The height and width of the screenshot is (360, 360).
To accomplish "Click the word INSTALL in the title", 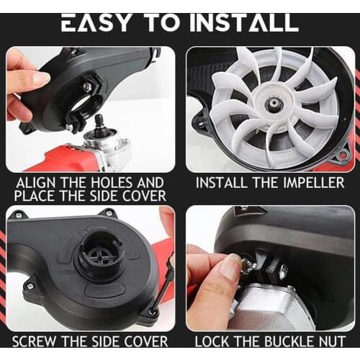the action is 246,22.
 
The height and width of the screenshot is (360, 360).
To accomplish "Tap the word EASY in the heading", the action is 96,22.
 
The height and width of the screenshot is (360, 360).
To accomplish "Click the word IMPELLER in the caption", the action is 314,183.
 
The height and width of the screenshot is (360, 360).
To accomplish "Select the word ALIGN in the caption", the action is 37,183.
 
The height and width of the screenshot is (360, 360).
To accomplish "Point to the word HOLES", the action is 112,183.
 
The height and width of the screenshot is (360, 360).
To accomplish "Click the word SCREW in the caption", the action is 35,341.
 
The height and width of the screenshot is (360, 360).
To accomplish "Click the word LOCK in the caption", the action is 212,341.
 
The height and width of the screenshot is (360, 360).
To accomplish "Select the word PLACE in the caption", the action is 35,196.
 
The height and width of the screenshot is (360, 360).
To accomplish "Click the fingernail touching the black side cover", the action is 40,79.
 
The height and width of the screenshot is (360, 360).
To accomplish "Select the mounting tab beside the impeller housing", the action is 343,154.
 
